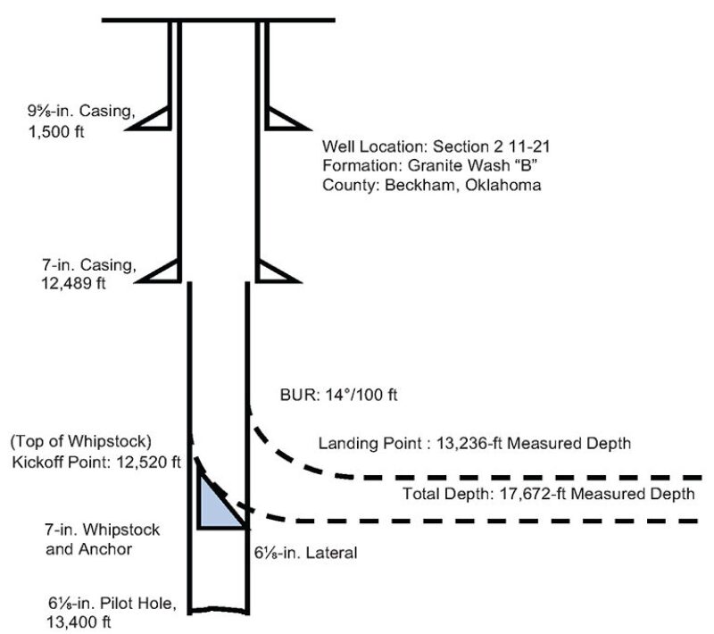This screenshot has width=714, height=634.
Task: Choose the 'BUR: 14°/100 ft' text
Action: coord(330,393)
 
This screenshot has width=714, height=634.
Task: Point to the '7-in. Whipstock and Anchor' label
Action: coord(103,539)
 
